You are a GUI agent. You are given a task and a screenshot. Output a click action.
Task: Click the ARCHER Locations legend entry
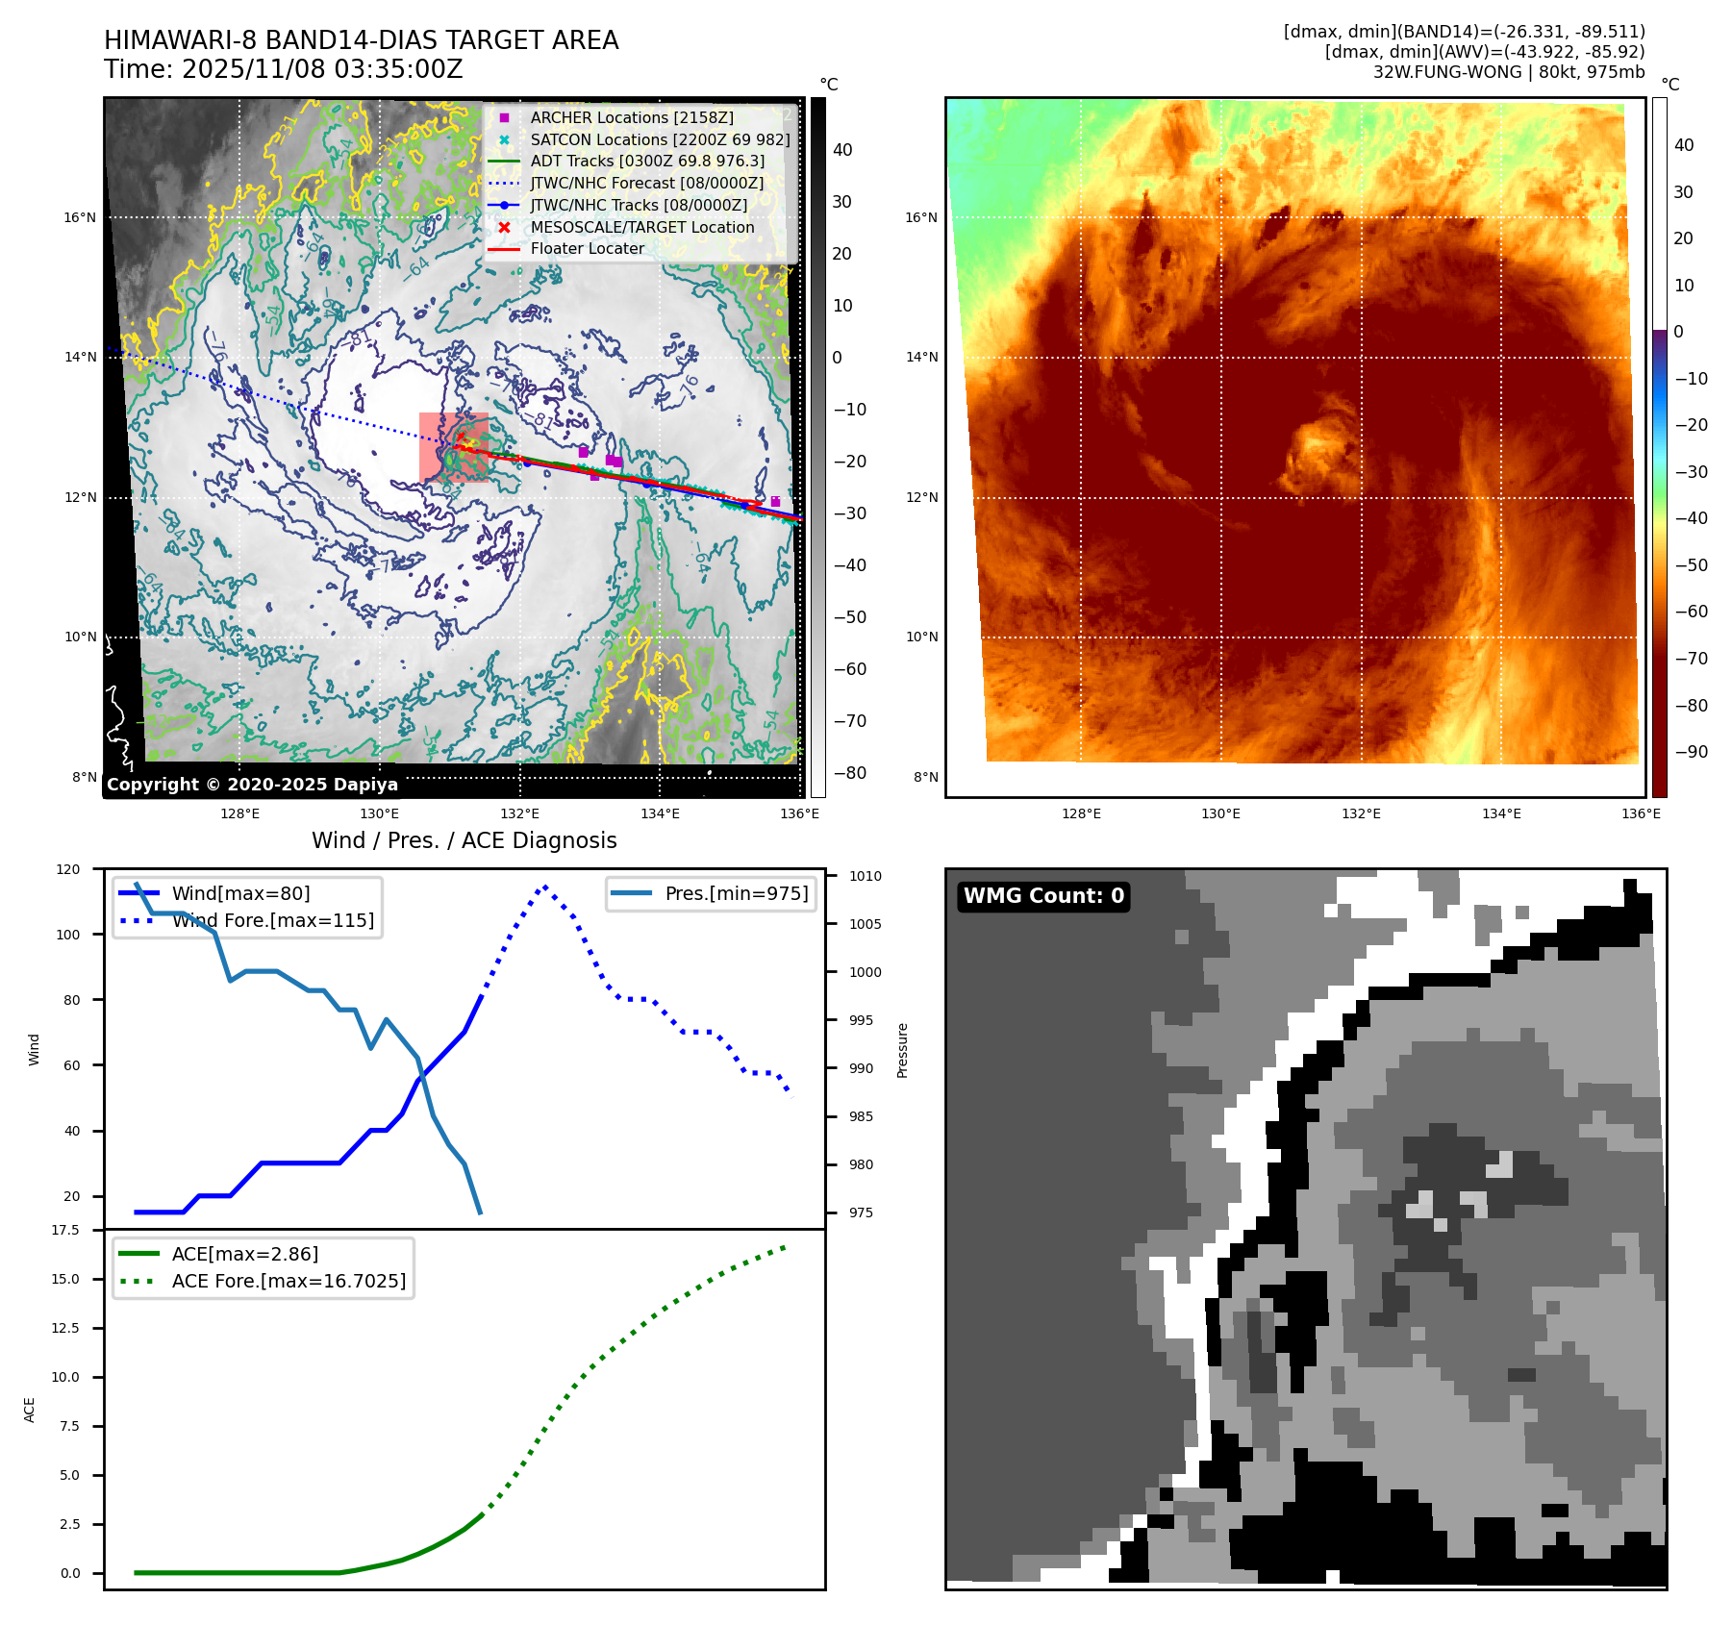coord(631,117)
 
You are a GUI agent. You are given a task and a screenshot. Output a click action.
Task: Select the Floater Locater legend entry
coord(587,248)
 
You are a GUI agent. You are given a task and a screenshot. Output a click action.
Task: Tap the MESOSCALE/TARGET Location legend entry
coord(641,227)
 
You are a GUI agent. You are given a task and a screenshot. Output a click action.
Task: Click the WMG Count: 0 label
coord(1043,896)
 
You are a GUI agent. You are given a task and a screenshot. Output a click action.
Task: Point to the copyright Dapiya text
coord(252,785)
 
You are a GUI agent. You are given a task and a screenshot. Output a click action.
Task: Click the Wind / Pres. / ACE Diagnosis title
coord(464,840)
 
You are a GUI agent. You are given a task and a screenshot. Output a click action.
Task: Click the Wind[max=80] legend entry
coord(240,893)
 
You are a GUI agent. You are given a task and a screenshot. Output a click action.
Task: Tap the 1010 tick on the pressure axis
coord(865,876)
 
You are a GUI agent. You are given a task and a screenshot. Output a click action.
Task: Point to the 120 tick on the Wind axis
coord(68,869)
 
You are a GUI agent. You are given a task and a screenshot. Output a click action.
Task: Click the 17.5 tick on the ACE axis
coord(65,1230)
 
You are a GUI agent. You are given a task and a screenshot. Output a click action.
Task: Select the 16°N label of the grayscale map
coord(80,217)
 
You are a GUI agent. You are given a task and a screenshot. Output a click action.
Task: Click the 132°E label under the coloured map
coord(1361,813)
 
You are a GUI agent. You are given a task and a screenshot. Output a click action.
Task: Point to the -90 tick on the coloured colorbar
coord(1691,752)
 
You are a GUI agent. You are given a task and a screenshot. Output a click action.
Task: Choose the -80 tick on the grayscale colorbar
coord(849,773)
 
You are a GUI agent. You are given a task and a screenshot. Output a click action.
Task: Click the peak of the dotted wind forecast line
coord(545,886)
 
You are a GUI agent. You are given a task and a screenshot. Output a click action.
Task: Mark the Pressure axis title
coord(902,1050)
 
